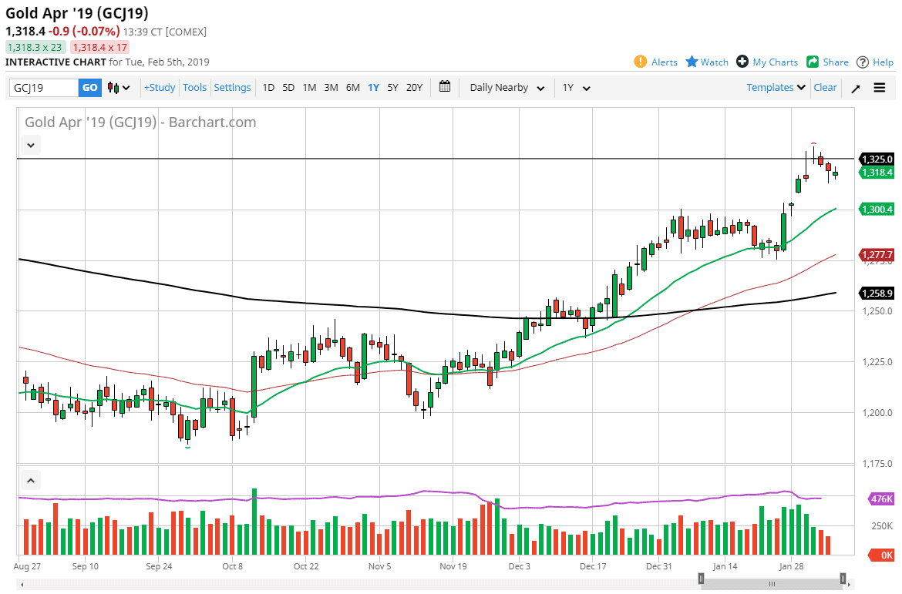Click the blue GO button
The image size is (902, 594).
pos(90,88)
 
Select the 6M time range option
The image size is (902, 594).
pos(352,88)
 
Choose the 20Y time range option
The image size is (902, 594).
pos(414,88)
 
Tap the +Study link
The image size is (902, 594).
pos(160,88)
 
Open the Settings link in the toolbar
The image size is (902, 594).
pos(232,88)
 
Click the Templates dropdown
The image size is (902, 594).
pos(776,88)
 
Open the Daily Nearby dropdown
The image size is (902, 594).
pos(507,88)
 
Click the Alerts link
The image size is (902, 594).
pos(656,62)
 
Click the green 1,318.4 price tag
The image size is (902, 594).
pos(877,173)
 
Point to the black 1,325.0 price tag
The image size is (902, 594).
pos(877,159)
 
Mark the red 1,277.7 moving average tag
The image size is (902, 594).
pos(877,255)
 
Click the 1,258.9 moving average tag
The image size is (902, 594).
pos(877,294)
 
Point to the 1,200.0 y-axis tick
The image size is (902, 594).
pos(877,413)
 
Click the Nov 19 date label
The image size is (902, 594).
pos(453,566)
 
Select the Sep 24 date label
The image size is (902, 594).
pos(158,566)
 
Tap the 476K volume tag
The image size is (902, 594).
pos(880,499)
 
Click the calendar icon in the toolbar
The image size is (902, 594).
pos(445,87)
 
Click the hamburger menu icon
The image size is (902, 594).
pos(880,88)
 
